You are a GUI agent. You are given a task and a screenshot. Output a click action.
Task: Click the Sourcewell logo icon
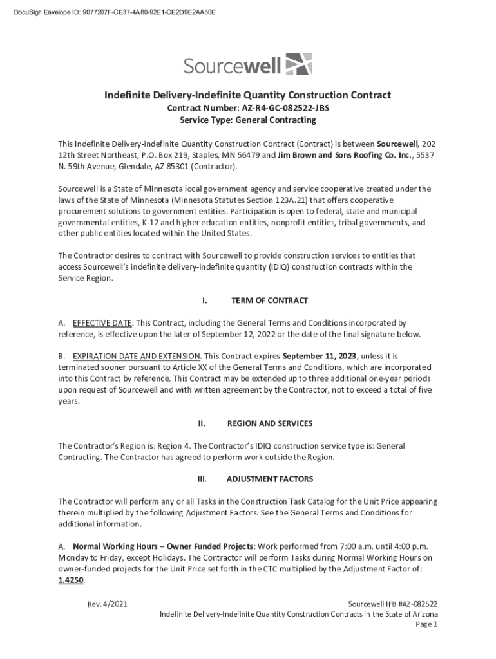pos(298,65)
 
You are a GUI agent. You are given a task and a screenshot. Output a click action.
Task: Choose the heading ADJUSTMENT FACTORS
pos(269,479)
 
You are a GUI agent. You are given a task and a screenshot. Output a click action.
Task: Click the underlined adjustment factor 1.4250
pos(71,580)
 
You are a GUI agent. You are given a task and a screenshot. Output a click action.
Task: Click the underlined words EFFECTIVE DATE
pos(102,322)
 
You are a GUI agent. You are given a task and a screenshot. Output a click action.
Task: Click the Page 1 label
pos(426,624)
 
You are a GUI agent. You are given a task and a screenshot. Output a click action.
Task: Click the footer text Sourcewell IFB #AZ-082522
pos(393,604)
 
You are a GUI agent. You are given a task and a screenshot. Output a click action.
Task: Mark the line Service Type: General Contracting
pos(248,120)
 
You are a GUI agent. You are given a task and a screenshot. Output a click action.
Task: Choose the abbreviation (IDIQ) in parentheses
pos(278,267)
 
